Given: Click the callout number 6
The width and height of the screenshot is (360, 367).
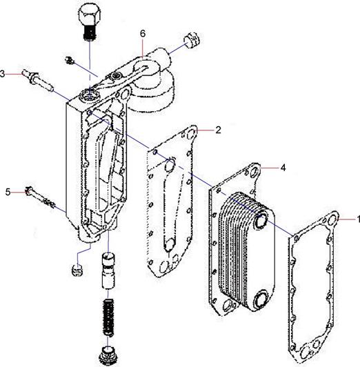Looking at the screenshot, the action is click(x=143, y=34).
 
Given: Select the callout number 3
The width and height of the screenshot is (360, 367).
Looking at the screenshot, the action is click(x=2, y=74).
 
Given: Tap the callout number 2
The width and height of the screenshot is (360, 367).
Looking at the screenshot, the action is click(x=218, y=130).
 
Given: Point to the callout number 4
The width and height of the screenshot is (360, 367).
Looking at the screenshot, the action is click(x=283, y=168).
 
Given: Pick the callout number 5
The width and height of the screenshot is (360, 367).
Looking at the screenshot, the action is click(x=8, y=192).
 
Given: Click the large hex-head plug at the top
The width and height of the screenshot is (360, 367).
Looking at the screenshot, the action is click(x=89, y=22).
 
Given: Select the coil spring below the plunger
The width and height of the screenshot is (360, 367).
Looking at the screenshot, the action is click(x=108, y=317).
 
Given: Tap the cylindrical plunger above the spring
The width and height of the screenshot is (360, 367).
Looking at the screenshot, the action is click(x=108, y=271).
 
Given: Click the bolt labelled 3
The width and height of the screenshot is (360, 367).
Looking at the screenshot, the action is click(x=38, y=80).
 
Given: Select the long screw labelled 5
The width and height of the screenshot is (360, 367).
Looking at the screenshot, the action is click(x=40, y=197).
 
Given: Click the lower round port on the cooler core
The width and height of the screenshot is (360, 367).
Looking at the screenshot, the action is click(x=261, y=299).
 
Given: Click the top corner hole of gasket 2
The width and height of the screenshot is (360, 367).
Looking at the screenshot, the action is click(x=192, y=134).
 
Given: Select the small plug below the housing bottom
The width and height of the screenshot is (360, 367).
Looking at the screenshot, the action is click(x=77, y=270).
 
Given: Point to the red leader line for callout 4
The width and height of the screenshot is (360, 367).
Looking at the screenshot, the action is click(x=269, y=168).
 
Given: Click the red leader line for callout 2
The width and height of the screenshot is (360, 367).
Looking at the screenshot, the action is click(x=205, y=130).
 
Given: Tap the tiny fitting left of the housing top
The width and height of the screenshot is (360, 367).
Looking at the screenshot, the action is click(x=69, y=61).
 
